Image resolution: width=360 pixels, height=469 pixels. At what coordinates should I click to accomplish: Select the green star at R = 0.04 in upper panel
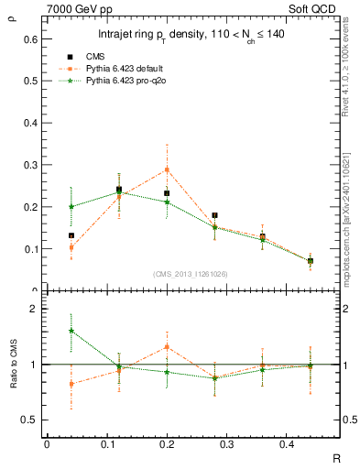[x=71, y=207]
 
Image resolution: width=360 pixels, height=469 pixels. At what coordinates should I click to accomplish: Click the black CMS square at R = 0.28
[x=214, y=215]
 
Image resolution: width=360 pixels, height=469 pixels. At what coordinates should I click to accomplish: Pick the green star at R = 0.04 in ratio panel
[x=71, y=331]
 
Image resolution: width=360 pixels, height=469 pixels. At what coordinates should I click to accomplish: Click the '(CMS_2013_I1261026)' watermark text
[x=191, y=273]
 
